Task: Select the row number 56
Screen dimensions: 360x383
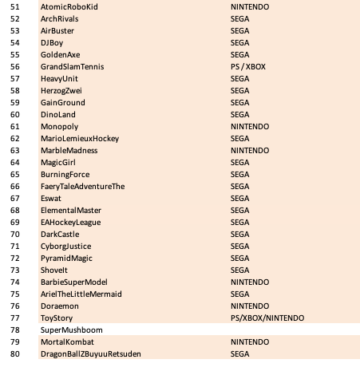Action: pos(14,67)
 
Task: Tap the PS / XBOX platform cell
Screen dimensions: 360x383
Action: pos(247,67)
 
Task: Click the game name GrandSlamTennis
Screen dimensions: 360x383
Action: pos(72,67)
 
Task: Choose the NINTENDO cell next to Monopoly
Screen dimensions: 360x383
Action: pos(249,127)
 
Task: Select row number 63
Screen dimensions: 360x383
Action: pos(14,151)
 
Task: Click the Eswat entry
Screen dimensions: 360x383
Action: pos(51,199)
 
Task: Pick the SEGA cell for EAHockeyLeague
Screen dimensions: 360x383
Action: pos(239,223)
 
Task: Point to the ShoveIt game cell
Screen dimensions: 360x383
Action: pos(54,270)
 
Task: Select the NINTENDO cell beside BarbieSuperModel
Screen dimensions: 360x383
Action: pos(249,282)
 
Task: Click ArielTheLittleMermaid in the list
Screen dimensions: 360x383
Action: pos(81,294)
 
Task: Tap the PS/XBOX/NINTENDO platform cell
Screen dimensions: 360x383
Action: pos(267,318)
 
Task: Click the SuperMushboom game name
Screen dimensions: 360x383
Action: pos(72,330)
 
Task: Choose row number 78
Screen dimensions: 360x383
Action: pos(14,330)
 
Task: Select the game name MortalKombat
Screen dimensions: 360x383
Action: pos(67,342)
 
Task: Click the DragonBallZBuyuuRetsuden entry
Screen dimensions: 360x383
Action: pos(90,354)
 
